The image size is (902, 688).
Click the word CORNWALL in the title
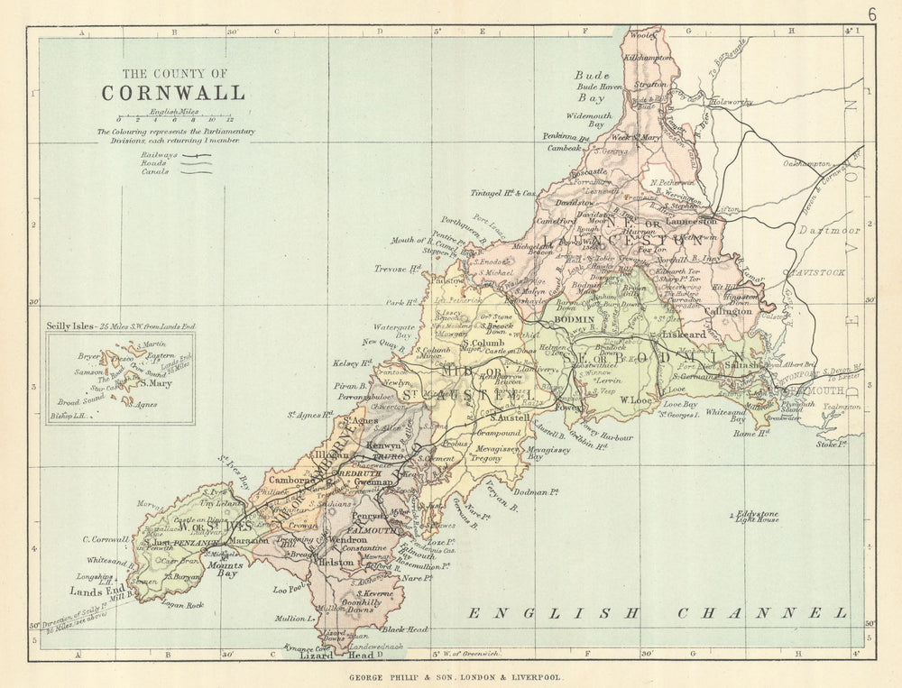tap(172, 93)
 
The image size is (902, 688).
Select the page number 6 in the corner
tap(872, 14)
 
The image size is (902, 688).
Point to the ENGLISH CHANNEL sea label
tap(658, 613)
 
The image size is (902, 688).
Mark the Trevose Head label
tap(398, 269)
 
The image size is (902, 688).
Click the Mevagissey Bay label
tap(548, 453)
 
